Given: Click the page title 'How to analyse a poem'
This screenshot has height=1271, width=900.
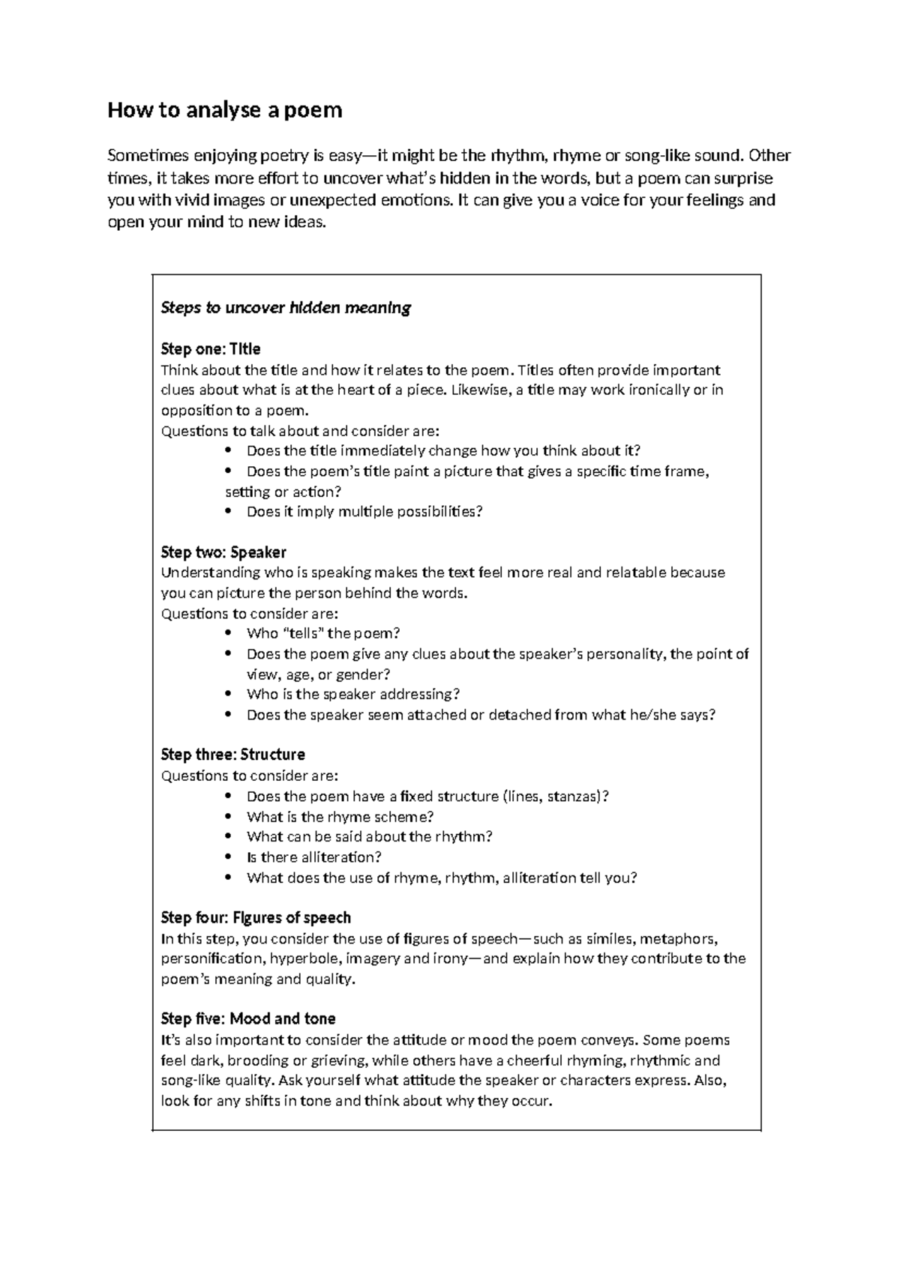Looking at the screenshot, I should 225,110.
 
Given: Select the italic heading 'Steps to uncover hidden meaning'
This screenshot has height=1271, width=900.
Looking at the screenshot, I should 286,308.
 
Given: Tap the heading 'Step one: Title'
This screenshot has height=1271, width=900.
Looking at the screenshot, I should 211,349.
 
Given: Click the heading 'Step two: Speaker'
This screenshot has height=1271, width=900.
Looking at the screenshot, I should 223,552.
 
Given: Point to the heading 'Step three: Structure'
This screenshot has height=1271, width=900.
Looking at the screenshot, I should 232,755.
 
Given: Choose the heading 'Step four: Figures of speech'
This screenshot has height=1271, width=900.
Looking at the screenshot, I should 256,918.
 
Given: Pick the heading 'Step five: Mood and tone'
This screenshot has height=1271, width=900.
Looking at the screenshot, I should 248,1019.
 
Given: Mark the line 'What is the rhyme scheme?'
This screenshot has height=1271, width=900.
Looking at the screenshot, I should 340,817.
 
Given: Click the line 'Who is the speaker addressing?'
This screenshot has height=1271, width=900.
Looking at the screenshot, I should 352,695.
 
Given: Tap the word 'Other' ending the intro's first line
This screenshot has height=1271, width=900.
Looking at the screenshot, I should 769,156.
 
